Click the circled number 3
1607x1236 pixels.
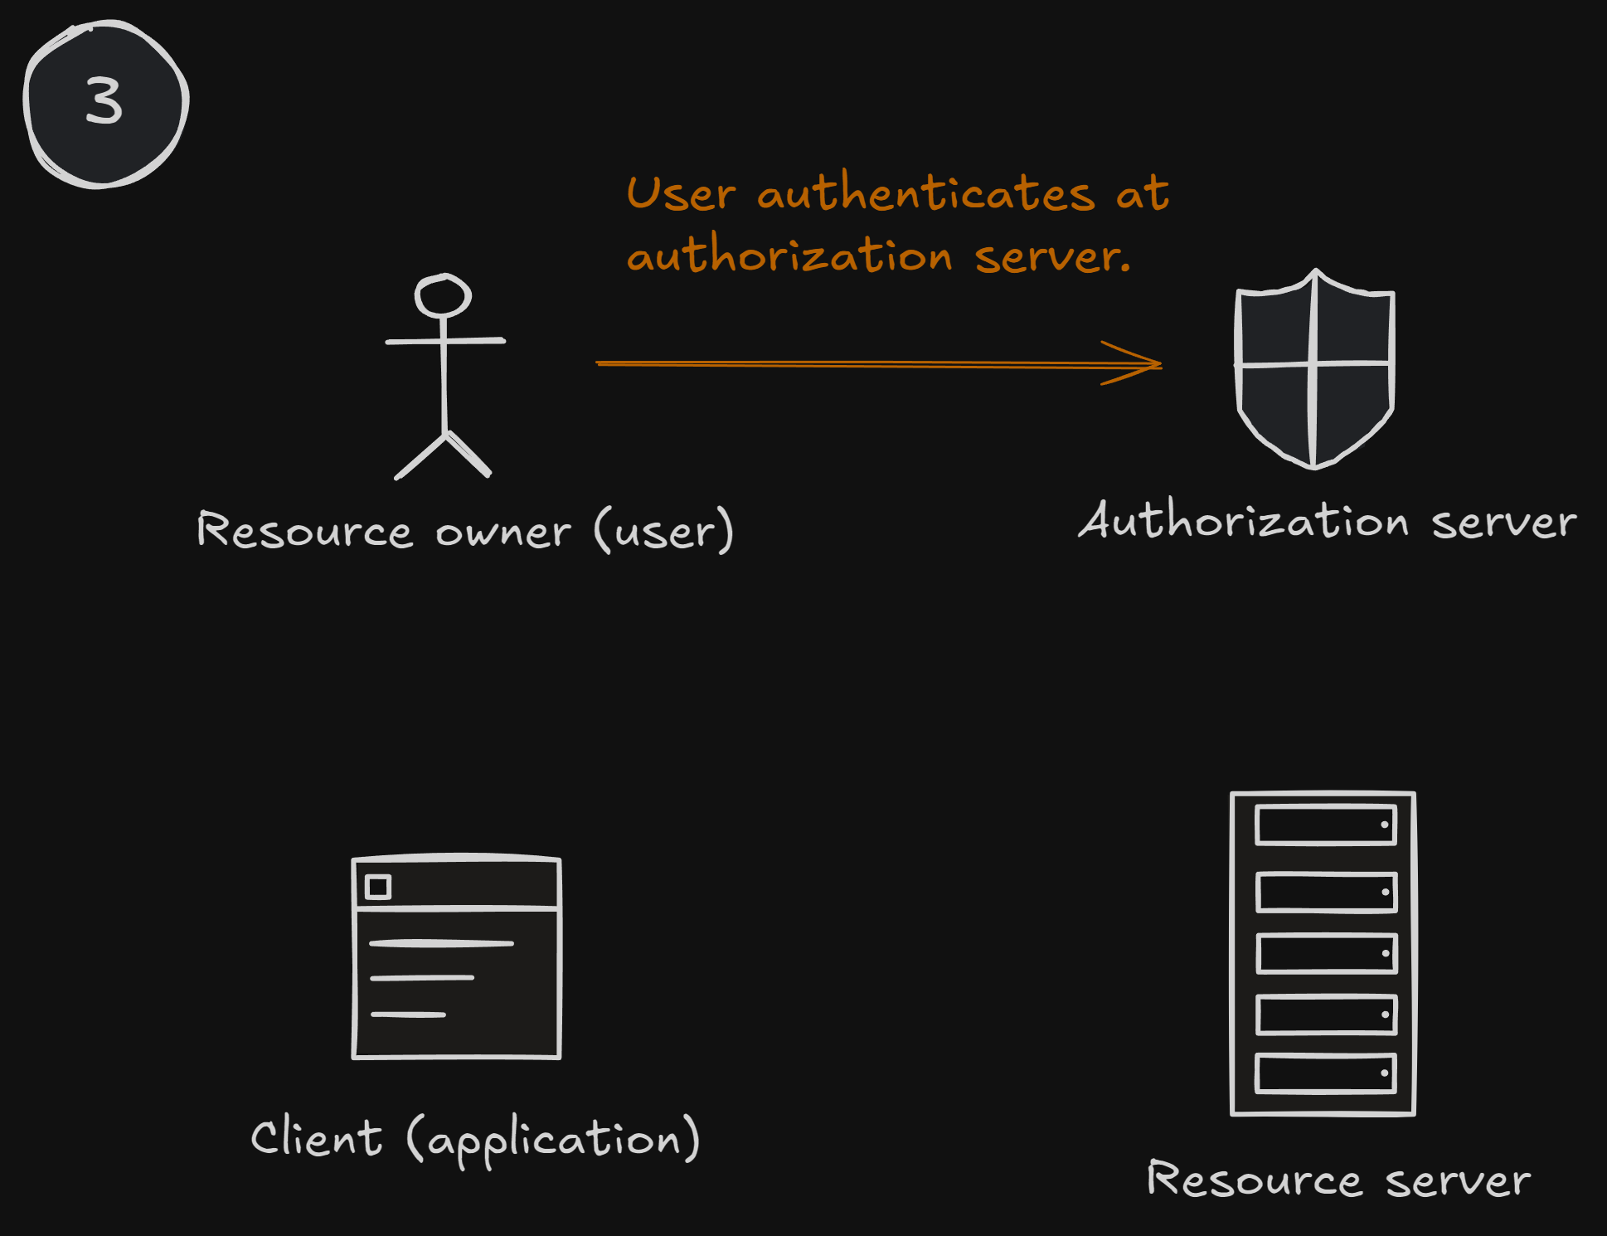[x=105, y=103]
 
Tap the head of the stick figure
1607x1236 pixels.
[x=443, y=296]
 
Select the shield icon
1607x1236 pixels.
[x=1314, y=368]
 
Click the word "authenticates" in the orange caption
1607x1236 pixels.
[x=925, y=194]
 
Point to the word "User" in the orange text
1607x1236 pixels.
[x=680, y=194]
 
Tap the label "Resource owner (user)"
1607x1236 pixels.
[x=464, y=530]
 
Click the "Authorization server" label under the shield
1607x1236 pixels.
[x=1327, y=522]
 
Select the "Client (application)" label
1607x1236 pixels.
[x=475, y=1139]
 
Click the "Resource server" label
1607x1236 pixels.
[x=1338, y=1180]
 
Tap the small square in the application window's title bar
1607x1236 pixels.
[x=378, y=887]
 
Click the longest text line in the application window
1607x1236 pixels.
[x=441, y=943]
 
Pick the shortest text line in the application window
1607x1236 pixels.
[x=408, y=1015]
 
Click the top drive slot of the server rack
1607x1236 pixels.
[x=1325, y=825]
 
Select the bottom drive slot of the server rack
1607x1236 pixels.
[x=1325, y=1073]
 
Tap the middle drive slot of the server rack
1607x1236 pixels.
[x=1325, y=953]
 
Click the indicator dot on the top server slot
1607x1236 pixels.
[x=1384, y=825]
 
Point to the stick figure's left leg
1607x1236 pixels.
[x=421, y=456]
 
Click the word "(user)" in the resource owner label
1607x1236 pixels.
[x=663, y=530]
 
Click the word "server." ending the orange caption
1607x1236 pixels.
[x=1051, y=256]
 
